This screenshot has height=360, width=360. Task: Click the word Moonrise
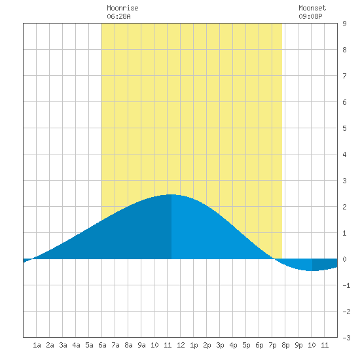coord(122,8)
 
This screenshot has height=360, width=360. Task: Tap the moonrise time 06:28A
coord(118,16)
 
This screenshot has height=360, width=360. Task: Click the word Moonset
coord(312,8)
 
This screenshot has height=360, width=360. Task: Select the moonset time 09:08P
coord(310,16)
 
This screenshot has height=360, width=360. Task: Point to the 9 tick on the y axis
coord(344,24)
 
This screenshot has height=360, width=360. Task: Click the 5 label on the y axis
coord(344,128)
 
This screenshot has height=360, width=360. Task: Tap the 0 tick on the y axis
coord(344,259)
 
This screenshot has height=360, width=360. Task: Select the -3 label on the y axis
coord(346,338)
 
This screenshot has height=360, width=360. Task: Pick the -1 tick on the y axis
coord(346,285)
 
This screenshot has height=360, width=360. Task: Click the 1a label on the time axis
coord(37,345)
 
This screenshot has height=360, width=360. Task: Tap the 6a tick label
coord(102,345)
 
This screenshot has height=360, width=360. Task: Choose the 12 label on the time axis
coord(181,345)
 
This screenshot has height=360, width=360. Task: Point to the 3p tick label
coord(220,345)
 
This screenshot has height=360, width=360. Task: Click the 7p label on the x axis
coord(272,345)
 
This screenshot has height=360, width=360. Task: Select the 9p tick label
coord(298,345)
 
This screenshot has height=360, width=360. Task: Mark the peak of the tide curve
coord(171,194)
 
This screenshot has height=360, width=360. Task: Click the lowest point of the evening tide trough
coord(312,271)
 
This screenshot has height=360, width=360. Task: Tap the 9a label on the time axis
coord(141,345)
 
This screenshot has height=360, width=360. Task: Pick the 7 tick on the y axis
coord(344,76)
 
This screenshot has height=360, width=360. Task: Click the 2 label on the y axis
coord(344,207)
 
